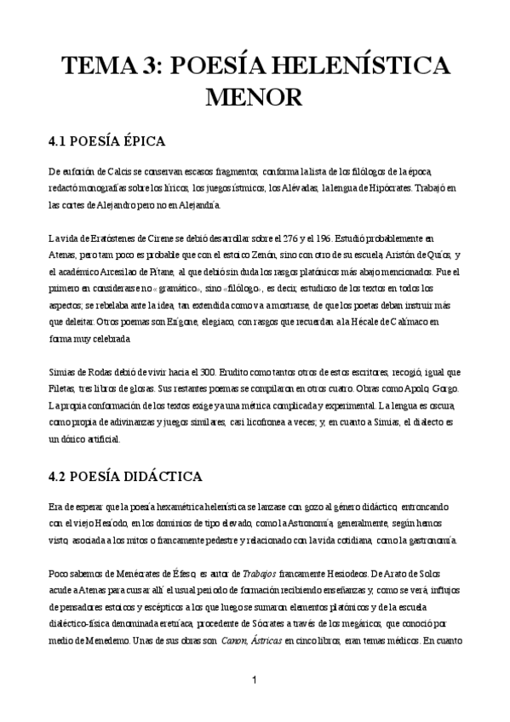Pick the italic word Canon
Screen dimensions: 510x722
(x=238, y=642)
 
